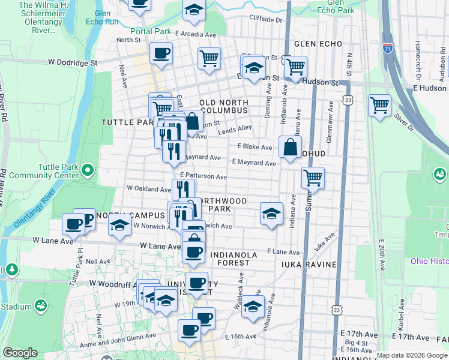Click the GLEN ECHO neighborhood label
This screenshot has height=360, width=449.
pyautogui.click(x=318, y=44)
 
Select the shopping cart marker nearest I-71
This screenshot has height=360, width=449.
pyautogui.click(x=379, y=106)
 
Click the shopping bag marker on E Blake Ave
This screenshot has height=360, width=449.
pyautogui.click(x=290, y=146)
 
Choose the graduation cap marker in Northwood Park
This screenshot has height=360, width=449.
pyautogui.click(x=271, y=213)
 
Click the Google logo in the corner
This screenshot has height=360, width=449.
pyautogui.click(x=20, y=353)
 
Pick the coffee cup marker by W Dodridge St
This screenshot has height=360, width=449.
pyautogui.click(x=161, y=53)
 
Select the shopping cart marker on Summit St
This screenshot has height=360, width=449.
pyautogui.click(x=312, y=178)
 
